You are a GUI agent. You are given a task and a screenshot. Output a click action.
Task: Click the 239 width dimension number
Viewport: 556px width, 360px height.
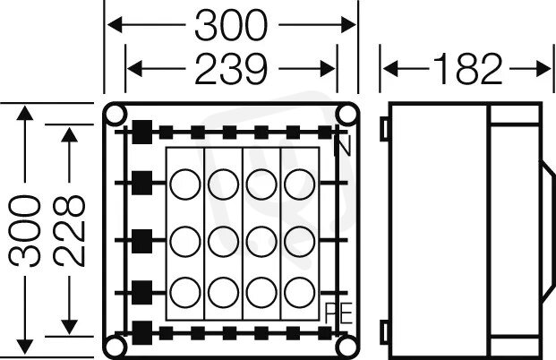point(231,69)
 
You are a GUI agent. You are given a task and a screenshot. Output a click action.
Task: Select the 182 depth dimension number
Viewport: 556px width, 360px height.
point(467,69)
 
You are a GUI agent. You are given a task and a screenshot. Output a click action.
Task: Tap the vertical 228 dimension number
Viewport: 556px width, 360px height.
point(70,231)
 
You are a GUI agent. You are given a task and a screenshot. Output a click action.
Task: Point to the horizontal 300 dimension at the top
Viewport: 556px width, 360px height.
point(231,25)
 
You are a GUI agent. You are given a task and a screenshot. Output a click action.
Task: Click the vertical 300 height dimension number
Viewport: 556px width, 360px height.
point(25,231)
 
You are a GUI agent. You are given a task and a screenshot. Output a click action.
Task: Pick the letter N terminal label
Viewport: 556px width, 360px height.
point(343,145)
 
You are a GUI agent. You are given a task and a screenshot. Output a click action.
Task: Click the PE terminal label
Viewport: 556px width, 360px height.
point(338,313)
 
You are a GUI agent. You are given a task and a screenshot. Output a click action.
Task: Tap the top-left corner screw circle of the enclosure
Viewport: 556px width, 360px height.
point(115,114)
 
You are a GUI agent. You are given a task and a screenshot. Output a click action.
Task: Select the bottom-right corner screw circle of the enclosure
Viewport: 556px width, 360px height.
point(347,347)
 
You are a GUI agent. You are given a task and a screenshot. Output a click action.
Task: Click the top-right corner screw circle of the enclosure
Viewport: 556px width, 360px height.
point(347,114)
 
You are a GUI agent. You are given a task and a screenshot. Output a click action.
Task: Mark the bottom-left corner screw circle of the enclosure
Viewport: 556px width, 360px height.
point(115,347)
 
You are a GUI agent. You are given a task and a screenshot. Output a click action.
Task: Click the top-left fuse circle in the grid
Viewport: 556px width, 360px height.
point(185,184)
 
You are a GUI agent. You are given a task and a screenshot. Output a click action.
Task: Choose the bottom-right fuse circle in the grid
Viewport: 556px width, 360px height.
point(300,293)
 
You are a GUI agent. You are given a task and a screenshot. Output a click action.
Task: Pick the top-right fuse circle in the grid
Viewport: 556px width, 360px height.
point(300,184)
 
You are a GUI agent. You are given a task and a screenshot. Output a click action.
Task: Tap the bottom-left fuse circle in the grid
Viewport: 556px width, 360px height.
point(185,293)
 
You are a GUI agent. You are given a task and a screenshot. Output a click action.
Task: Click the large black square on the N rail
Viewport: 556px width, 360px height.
point(142,132)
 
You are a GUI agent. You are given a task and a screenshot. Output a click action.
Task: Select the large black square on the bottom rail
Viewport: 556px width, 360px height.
point(142,333)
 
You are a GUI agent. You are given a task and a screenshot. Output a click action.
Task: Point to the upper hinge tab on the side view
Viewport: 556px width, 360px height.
point(385,128)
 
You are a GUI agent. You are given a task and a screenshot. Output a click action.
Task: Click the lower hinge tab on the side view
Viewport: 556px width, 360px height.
point(385,331)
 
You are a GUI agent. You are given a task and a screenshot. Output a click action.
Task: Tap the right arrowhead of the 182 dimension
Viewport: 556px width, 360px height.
point(543,69)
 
